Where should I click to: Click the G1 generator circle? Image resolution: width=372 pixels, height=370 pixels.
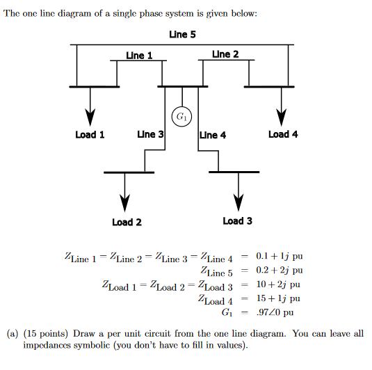tap(182, 115)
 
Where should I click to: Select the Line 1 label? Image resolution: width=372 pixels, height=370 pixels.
tap(139, 55)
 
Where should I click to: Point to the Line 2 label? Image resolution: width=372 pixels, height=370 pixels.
tap(225, 54)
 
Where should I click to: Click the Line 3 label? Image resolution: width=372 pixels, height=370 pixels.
tap(150, 134)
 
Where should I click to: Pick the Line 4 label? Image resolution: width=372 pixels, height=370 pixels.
tap(213, 135)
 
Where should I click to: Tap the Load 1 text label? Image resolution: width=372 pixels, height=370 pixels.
tap(90, 134)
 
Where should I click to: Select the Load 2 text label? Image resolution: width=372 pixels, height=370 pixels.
tap(127, 222)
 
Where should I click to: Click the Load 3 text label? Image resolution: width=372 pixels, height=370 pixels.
tap(238, 220)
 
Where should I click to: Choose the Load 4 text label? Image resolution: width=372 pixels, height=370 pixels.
tap(283, 134)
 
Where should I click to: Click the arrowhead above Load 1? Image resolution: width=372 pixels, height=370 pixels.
tap(90, 114)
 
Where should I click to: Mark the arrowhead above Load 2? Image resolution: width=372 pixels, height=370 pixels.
tap(124, 200)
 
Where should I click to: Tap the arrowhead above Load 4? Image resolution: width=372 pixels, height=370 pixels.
tap(282, 114)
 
